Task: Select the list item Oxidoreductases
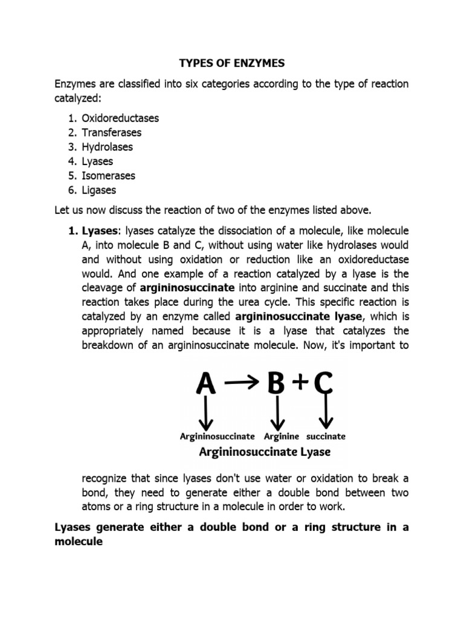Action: [120, 118]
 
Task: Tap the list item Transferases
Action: [112, 132]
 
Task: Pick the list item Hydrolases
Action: [108, 147]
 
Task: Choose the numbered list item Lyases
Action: [97, 161]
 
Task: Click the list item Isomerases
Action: [109, 176]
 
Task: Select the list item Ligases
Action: [99, 190]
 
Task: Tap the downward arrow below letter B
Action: [277, 415]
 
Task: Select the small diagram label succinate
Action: [326, 436]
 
